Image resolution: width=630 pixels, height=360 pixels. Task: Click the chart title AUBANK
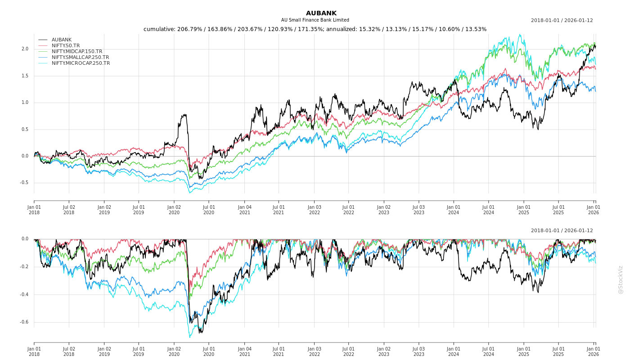tap(321, 13)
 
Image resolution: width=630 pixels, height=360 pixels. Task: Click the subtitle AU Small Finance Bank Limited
tap(315, 20)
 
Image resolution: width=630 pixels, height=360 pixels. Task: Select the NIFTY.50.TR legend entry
tap(65, 45)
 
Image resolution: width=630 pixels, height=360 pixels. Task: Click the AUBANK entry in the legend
tap(61, 40)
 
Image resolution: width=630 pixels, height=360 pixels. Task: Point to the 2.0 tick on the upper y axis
tap(25, 49)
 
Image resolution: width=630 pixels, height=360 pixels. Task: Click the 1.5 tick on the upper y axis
tap(25, 76)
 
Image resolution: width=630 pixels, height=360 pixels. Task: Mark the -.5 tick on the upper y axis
tap(24, 183)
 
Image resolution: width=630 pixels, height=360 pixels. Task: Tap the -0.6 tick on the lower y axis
tap(24, 322)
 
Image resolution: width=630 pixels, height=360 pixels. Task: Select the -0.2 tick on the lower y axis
tap(24, 267)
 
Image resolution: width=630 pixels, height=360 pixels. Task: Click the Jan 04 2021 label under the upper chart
tap(244, 210)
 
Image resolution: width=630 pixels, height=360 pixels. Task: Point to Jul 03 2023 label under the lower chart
tap(418, 351)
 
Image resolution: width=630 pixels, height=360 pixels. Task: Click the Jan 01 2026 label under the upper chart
tap(593, 210)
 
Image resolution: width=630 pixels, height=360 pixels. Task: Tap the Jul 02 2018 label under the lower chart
tap(69, 351)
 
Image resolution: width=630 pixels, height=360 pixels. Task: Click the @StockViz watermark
tap(621, 279)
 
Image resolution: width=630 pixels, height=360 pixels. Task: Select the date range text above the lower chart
tap(562, 231)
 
